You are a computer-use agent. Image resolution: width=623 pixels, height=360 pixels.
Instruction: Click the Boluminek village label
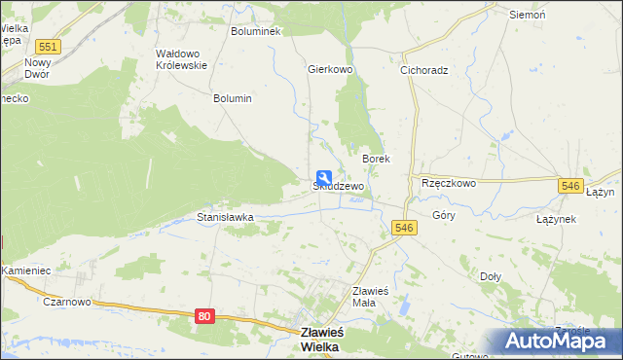click(x=255, y=31)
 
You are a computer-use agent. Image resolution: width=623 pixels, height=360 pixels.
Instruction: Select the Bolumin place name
click(x=233, y=98)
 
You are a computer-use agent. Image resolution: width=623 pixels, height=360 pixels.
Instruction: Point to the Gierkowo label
click(x=329, y=70)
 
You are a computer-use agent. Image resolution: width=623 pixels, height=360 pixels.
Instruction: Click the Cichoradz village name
click(x=423, y=70)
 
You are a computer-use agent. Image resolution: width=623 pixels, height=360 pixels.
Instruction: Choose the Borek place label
click(x=376, y=159)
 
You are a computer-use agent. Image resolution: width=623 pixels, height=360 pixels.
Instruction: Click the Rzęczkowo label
click(x=448, y=183)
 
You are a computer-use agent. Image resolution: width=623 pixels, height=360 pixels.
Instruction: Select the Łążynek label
click(x=556, y=220)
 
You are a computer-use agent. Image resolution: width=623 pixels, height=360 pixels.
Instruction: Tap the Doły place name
click(x=491, y=275)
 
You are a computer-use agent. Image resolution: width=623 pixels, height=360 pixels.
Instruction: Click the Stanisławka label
click(x=226, y=218)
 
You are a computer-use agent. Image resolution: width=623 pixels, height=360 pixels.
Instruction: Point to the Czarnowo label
click(x=66, y=302)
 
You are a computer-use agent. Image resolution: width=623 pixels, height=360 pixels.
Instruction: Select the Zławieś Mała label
click(x=371, y=296)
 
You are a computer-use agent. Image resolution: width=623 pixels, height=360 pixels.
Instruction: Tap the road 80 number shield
click(x=203, y=316)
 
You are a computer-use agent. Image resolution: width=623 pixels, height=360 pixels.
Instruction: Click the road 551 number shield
click(x=45, y=47)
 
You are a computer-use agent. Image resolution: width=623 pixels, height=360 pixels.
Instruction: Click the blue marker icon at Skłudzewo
click(x=323, y=178)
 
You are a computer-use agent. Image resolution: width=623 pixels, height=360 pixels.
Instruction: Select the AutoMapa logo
click(x=557, y=341)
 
